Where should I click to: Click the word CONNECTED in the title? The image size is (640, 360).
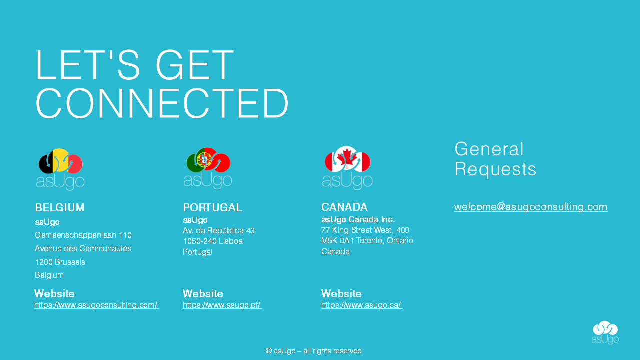coord(162,103)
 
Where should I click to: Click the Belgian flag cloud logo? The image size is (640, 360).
coord(60,169)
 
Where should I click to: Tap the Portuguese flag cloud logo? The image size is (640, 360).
coord(208,168)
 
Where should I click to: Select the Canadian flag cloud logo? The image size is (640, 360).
coord(347,168)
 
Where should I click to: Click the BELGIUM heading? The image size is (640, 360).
coord(60,207)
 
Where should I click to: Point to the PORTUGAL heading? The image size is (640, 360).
coord(213,207)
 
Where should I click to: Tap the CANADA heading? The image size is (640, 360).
coord(344,207)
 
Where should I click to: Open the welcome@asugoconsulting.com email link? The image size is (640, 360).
coord(531,207)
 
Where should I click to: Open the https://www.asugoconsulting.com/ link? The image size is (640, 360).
coord(97,305)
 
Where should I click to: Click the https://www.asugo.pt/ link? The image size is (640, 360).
coord(222,305)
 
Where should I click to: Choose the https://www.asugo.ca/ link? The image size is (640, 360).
coord(362,305)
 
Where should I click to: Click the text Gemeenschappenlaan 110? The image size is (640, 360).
coord(83,235)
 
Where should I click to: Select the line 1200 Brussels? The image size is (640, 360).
coord(60,262)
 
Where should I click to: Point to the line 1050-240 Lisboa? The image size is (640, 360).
coord(213,241)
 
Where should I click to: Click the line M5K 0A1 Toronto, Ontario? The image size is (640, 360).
coord(367,241)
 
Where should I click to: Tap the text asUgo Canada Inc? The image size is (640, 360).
coord(358,219)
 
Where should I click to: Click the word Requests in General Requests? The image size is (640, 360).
coord(495,169)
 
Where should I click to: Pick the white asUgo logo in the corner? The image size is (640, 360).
coord(605,332)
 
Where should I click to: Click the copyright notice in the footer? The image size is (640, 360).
coord(313,351)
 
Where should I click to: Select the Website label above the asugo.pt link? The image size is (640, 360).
coord(203,293)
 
